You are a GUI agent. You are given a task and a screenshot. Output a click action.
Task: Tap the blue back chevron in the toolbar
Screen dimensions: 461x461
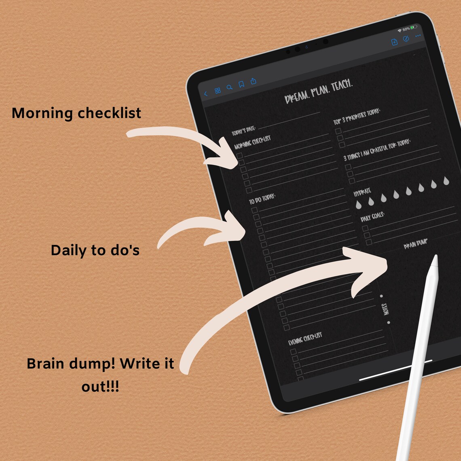206,94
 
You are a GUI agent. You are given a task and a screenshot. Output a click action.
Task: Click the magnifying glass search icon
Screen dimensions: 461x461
229,87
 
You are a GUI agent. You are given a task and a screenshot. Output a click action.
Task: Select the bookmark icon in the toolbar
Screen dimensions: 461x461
241,84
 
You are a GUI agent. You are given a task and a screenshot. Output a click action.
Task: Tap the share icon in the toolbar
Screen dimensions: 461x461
254,81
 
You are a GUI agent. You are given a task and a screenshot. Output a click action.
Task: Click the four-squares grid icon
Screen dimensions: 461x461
218,91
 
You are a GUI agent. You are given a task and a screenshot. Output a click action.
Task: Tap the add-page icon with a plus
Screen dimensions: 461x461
394,42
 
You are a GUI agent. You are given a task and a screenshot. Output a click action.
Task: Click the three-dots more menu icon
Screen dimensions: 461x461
418,36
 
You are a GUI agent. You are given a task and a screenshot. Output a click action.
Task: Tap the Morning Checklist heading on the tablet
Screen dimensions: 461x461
253,143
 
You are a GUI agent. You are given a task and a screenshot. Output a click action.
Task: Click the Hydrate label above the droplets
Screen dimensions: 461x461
362,192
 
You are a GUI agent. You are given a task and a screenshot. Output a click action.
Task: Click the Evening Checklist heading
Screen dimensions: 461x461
305,339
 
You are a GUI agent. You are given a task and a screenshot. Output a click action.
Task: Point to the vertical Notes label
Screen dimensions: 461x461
385,309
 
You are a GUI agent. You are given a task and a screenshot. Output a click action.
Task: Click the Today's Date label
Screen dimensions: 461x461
243,131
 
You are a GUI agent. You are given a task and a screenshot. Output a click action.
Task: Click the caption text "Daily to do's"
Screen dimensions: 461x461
95,250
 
